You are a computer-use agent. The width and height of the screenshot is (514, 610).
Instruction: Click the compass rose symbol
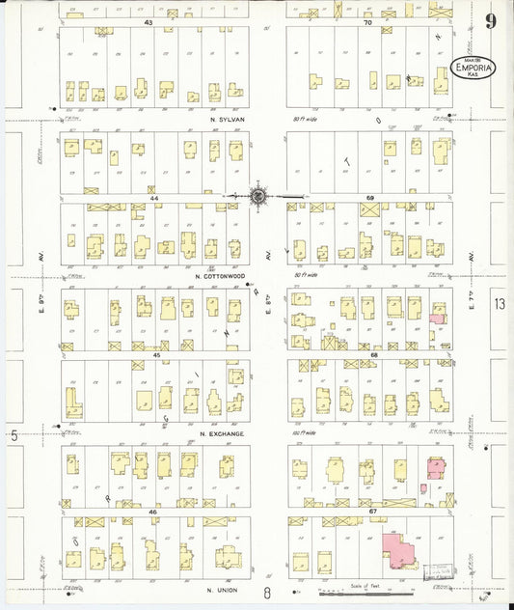(x=259, y=196)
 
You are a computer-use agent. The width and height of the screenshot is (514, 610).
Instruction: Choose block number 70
(x=367, y=21)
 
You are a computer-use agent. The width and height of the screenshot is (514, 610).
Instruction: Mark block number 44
(x=153, y=197)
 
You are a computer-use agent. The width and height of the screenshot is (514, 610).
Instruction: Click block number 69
(x=369, y=197)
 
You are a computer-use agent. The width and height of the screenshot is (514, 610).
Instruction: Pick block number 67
(x=371, y=510)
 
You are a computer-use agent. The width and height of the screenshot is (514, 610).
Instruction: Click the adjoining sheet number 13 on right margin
(x=499, y=304)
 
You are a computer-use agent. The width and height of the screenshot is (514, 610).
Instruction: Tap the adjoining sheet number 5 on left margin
(x=14, y=435)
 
